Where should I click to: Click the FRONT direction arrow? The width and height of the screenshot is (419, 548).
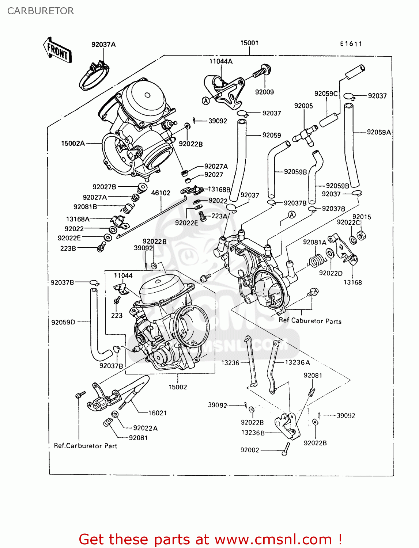pos(57,50)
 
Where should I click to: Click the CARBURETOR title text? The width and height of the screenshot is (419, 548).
pos(40,11)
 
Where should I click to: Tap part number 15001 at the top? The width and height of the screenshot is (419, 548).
pos(249,43)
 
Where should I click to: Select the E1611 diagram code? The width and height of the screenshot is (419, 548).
pos(351,44)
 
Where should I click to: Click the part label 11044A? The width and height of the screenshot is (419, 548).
pos(221,61)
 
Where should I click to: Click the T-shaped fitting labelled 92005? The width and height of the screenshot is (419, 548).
pos(304,134)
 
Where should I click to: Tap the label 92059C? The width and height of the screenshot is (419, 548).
pos(326,94)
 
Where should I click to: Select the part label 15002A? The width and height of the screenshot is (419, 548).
pos(73,144)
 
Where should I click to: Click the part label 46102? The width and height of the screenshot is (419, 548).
pos(161,193)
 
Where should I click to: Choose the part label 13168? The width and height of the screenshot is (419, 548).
pos(353,282)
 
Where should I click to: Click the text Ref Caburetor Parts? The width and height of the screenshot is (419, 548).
pos(310,321)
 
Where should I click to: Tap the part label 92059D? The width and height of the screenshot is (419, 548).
pos(63,322)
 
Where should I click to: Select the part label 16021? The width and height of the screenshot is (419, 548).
pos(158,413)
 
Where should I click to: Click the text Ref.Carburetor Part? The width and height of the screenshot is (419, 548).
pos(85,446)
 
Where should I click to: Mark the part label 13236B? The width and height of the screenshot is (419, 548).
pos(253,433)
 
